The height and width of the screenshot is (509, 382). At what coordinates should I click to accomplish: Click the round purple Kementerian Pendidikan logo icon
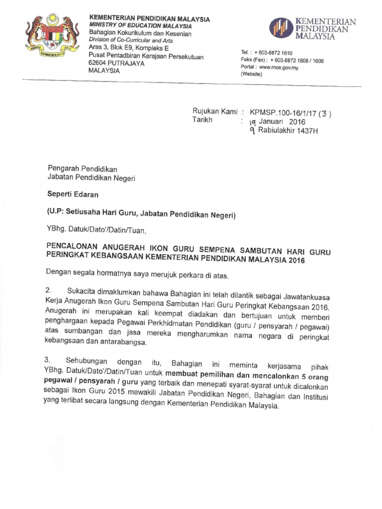pyautogui.click(x=281, y=28)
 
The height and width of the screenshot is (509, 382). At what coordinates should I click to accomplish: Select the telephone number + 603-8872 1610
pyautogui.click(x=273, y=53)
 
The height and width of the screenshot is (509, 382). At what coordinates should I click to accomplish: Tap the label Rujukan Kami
pyautogui.click(x=215, y=112)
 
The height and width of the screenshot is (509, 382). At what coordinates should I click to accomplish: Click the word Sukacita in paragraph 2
pyautogui.click(x=82, y=290)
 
